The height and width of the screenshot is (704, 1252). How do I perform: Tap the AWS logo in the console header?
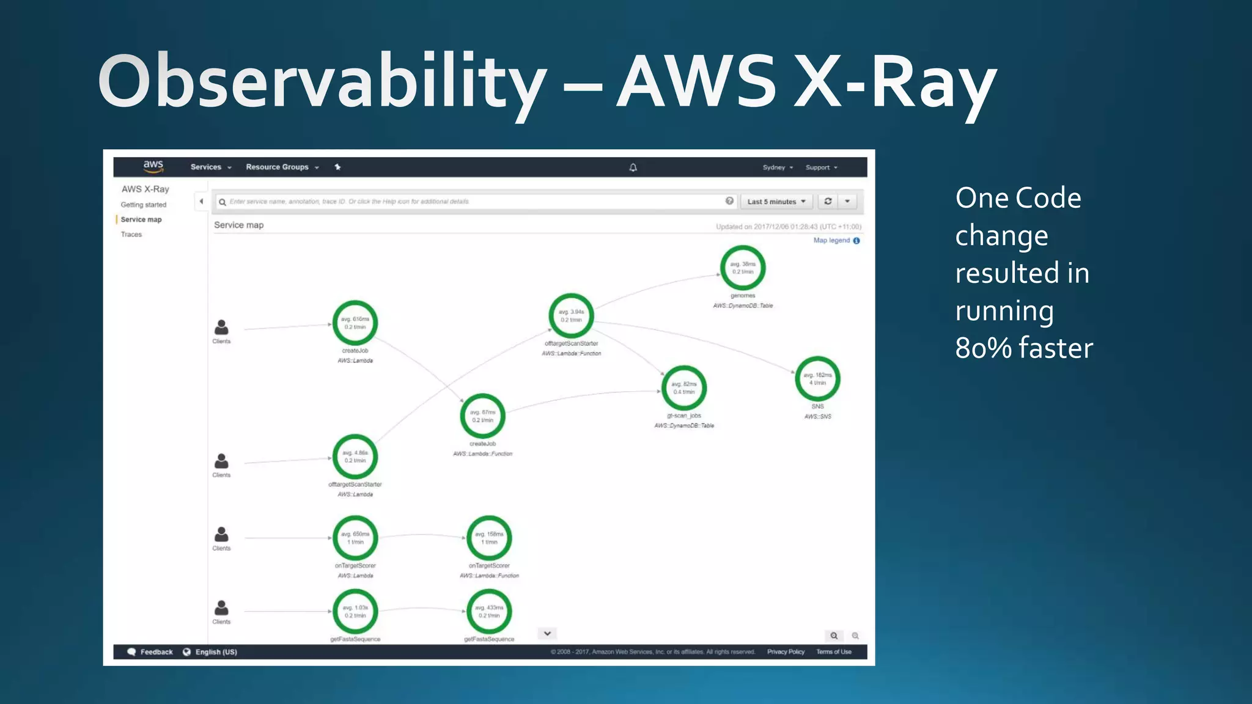coord(153,166)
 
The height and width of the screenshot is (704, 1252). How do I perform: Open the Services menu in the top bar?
coord(210,167)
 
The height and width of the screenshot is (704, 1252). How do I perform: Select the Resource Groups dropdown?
coord(282,167)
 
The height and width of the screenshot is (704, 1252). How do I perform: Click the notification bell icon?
coord(633,167)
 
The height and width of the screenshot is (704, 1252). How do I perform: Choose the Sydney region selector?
coord(777,167)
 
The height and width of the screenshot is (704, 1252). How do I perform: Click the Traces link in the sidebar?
coord(131,235)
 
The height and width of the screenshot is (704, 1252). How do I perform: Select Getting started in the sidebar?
coord(144,205)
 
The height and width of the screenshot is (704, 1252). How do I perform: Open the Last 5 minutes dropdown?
coord(776,202)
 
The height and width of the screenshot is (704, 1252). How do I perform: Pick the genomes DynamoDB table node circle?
coord(743,268)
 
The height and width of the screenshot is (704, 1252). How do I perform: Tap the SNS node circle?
coord(817,379)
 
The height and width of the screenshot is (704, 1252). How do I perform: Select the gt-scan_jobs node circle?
coord(684,388)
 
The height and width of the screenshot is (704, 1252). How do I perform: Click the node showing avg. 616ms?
coord(355,323)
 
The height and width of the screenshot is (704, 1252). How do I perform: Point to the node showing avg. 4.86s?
coord(355,457)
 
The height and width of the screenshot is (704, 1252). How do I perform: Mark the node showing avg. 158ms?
coord(489,538)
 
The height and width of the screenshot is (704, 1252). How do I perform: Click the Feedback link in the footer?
coord(156,652)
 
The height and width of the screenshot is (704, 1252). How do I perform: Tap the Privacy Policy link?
coord(786,652)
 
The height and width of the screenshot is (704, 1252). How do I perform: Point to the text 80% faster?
coord(1024,348)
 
